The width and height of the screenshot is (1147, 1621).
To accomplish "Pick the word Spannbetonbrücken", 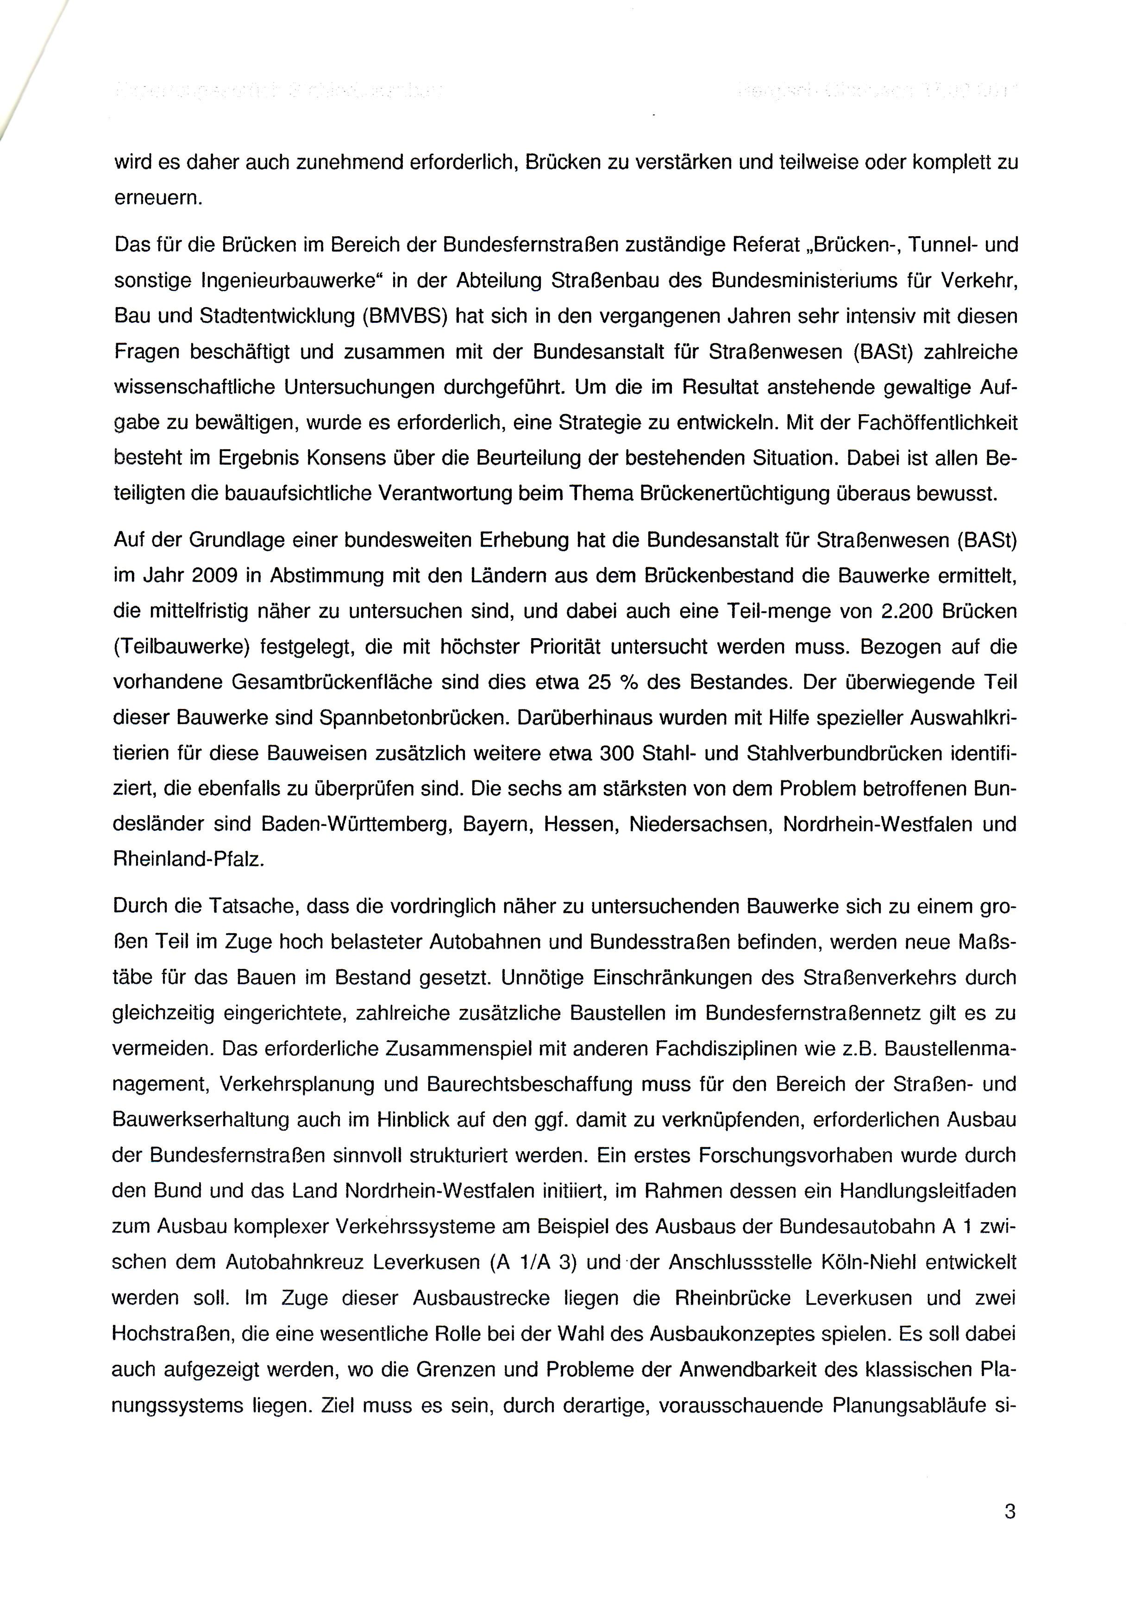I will coord(413,718).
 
